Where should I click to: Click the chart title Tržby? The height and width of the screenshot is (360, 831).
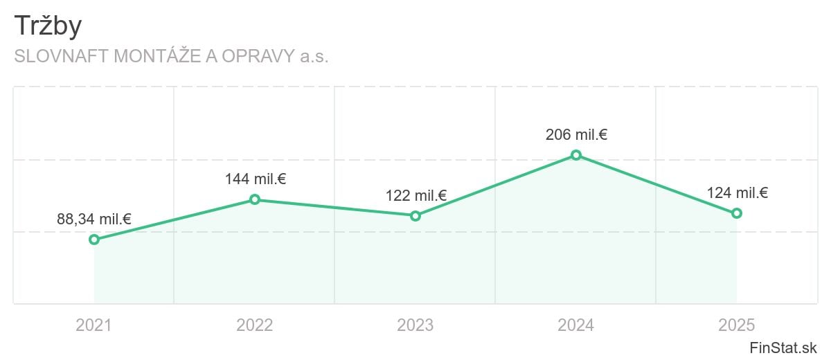48,26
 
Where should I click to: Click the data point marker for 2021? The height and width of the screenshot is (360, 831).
94,240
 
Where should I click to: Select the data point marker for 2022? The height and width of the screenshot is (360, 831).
255,199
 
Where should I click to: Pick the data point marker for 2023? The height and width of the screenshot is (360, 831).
415,216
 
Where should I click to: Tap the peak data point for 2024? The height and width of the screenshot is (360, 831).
576,155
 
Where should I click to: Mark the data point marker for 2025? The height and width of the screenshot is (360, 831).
737,213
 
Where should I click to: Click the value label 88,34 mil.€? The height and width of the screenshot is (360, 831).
94,219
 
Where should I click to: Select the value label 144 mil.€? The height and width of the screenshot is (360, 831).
255,179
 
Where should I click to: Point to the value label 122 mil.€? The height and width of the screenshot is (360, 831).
415,196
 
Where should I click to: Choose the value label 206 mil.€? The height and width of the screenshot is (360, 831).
576,135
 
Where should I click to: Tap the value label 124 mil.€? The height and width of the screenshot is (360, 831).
737,193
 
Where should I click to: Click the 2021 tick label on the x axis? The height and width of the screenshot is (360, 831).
94,325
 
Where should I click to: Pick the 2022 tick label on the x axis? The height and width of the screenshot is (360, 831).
255,325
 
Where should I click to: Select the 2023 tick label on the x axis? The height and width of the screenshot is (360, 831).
415,325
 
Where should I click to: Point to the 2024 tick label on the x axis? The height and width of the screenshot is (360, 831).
576,325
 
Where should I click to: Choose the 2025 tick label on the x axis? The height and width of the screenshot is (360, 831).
737,325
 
